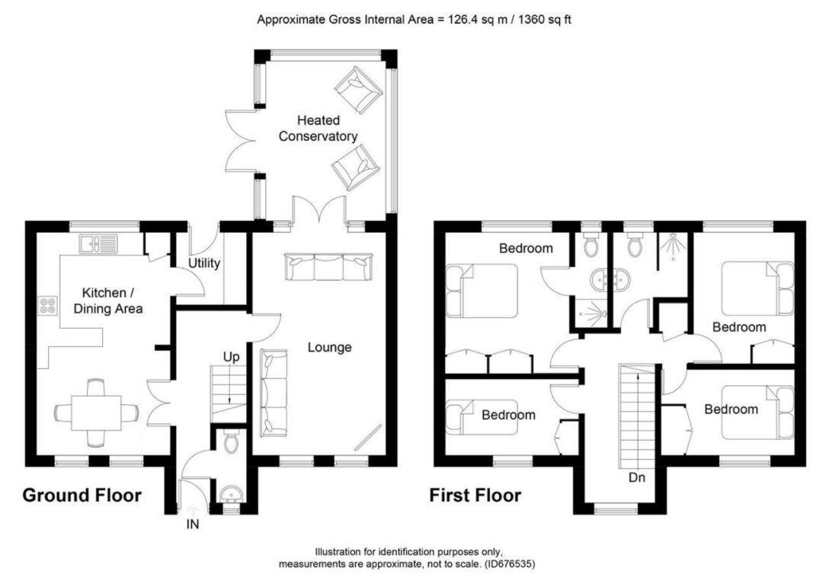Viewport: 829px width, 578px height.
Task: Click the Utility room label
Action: click(204, 264)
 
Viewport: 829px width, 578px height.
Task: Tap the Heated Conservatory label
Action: click(318, 129)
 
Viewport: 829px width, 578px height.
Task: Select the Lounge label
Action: click(329, 348)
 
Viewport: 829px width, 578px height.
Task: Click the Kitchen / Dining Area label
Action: click(113, 300)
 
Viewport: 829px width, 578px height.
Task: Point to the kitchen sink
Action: click(99, 244)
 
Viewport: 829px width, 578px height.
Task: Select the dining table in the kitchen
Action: click(96, 413)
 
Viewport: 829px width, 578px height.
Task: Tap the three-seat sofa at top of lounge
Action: click(329, 267)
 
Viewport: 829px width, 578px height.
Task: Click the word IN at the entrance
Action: click(193, 525)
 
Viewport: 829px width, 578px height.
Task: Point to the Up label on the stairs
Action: click(232, 356)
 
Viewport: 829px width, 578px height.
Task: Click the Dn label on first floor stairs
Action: click(639, 479)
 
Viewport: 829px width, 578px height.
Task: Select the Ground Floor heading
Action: click(82, 496)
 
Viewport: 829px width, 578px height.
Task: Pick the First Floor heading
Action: click(475, 496)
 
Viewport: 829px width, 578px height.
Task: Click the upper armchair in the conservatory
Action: click(359, 88)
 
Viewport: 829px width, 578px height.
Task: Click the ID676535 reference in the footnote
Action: click(511, 564)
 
